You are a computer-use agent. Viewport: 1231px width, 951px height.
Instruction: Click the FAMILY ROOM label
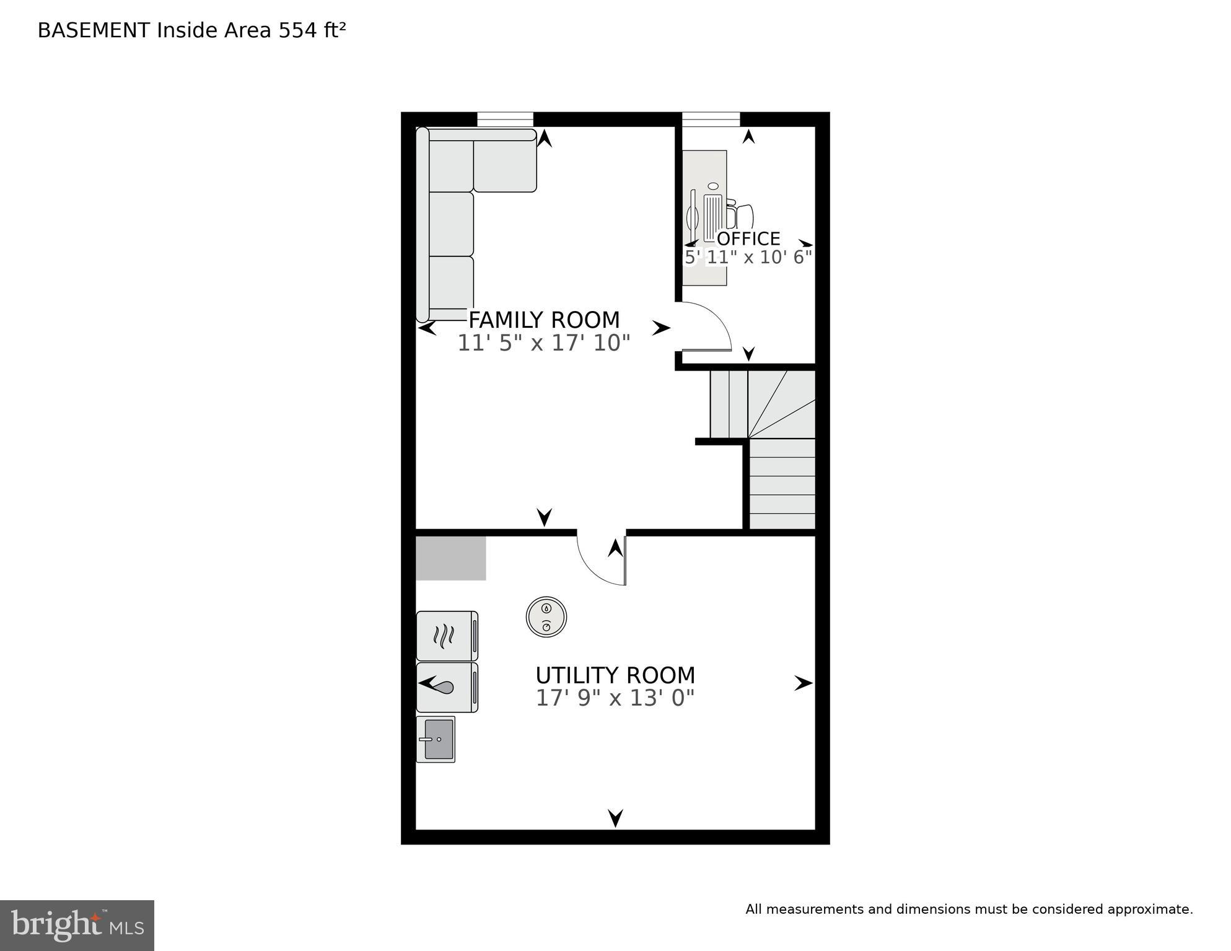(543, 320)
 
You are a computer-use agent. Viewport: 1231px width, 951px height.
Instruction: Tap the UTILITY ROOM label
(615, 675)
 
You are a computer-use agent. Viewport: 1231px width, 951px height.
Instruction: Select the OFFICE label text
(748, 239)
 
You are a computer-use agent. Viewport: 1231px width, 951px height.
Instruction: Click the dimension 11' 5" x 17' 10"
(543, 343)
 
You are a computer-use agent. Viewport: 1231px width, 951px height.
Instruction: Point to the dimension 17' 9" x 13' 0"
(615, 698)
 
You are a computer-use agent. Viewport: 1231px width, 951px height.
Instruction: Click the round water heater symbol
(546, 617)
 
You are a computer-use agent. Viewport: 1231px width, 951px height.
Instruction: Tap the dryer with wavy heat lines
(446, 636)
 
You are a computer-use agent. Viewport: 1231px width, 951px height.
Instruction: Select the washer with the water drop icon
(446, 687)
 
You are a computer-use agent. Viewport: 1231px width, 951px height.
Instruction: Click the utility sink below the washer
(436, 739)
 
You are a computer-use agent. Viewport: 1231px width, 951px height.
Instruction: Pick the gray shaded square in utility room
(450, 558)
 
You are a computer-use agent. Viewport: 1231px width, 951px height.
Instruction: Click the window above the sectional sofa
(505, 119)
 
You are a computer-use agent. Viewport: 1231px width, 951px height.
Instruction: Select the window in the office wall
(711, 119)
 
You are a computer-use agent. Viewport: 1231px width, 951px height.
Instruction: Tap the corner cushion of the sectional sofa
(451, 165)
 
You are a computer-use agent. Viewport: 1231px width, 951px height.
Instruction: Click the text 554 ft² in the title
(312, 30)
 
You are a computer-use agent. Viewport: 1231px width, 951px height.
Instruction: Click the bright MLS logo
(77, 925)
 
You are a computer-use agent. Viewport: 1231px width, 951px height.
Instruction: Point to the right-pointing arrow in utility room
(803, 683)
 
